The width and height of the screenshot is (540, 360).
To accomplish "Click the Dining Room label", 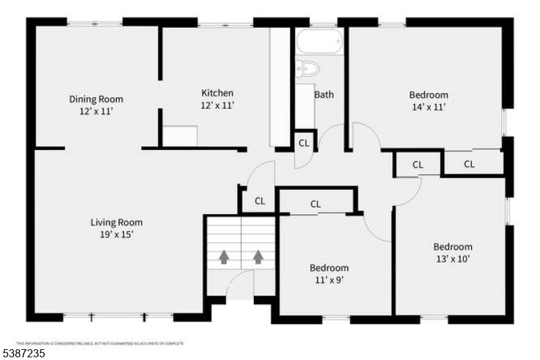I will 97,99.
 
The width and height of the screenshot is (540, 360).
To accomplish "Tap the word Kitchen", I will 217,93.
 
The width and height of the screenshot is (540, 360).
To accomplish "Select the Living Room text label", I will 117,222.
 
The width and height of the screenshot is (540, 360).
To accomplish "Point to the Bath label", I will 324,95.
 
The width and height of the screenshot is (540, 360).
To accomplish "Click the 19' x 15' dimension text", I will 117,234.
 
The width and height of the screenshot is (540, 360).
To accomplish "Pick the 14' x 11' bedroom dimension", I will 429,107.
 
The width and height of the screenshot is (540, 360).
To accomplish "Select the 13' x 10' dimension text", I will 452,259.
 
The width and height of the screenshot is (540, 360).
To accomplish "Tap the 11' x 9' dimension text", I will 329,280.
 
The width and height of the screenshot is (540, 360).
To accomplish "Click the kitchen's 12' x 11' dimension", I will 217,105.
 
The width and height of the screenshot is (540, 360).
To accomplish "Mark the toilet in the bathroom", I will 308,68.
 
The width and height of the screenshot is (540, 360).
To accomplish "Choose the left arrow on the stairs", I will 223,257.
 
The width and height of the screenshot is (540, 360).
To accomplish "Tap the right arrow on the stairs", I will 258,257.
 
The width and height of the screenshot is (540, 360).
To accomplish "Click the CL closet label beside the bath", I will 304,143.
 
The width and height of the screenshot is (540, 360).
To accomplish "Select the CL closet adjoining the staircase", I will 260,201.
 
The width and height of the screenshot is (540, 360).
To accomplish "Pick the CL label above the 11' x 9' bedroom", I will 315,204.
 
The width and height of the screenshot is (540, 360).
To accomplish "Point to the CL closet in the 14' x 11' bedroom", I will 469,164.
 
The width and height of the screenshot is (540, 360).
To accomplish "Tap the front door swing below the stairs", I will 240,287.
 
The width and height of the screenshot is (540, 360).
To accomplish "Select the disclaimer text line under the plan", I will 100,343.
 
